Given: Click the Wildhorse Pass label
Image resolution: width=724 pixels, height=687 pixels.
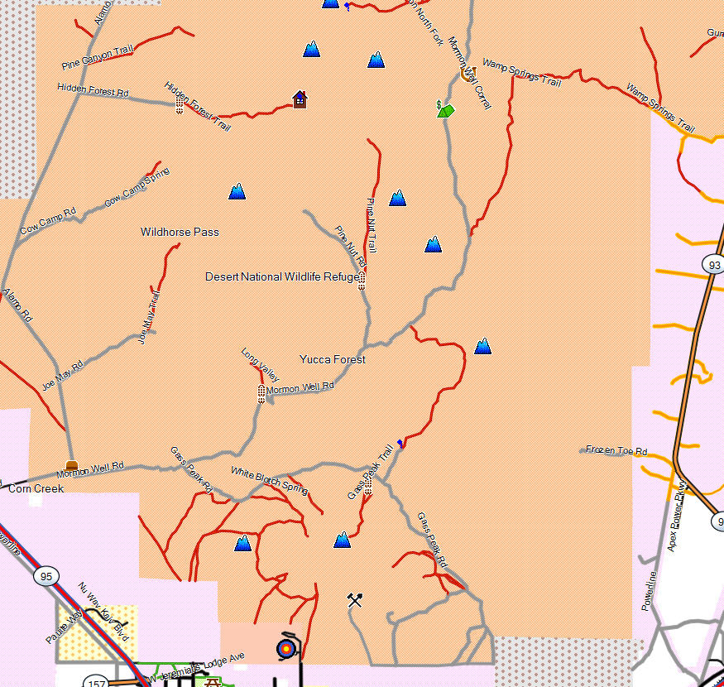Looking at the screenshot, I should click(180, 233).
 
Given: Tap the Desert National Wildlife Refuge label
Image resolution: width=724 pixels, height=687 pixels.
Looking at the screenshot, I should click(282, 276).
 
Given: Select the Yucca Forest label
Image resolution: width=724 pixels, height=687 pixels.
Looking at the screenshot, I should click(333, 360).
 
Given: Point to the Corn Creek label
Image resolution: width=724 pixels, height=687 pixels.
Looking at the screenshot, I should click(36, 489).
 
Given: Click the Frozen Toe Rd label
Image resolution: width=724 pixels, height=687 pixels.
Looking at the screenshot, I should click(616, 450).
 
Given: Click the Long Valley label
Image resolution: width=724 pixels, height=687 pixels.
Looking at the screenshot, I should click(260, 365).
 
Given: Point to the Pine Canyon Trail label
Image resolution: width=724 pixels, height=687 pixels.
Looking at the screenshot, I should click(98, 58).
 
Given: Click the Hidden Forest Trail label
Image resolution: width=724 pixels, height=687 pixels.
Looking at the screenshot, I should click(197, 106).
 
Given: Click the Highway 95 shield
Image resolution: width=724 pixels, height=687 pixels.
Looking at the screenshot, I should click(44, 575).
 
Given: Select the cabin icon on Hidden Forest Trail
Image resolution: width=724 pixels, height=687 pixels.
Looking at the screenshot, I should click(300, 99).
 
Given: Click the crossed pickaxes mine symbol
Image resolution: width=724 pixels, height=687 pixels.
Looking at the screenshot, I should click(355, 599).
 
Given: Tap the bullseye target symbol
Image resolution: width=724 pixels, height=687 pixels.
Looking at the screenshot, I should click(286, 648).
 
